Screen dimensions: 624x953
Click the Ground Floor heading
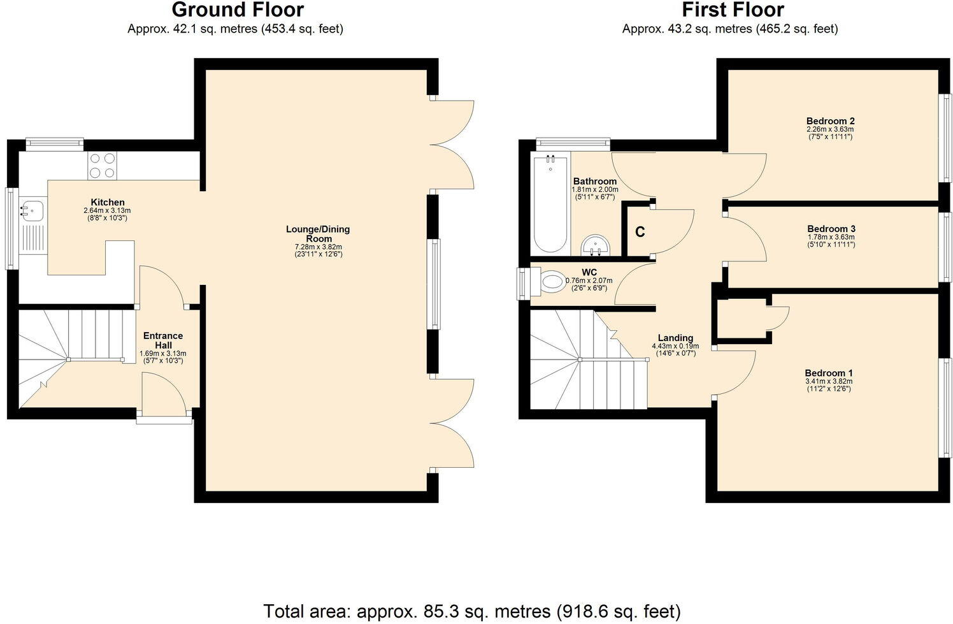point(238,10)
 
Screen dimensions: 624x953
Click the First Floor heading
point(733,10)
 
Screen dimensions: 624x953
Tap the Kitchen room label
point(107,202)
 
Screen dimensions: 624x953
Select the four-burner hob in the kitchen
point(102,165)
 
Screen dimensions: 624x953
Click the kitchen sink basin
point(31,209)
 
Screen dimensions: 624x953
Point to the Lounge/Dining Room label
point(318,233)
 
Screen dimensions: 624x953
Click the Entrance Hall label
point(162,340)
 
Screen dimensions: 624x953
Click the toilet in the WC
point(549,281)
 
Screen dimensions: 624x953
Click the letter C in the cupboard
point(640,232)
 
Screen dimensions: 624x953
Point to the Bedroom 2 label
point(830,121)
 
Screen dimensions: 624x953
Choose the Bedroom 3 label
point(831,229)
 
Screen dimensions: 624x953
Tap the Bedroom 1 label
point(828,373)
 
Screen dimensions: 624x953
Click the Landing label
point(675,338)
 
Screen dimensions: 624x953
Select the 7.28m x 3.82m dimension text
point(318,247)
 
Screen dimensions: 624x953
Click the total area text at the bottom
point(471,611)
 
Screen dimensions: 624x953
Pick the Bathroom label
point(595,181)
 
